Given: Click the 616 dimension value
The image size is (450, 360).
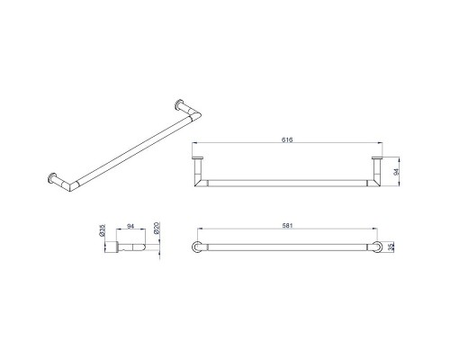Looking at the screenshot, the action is click(x=287, y=139).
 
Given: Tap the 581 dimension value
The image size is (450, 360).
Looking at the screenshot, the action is click(x=287, y=226).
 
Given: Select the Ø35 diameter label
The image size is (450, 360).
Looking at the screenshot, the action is click(x=102, y=229).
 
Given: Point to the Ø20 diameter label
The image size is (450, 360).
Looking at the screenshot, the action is click(x=156, y=229).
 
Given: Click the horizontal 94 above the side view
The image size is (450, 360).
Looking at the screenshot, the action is click(x=130, y=226).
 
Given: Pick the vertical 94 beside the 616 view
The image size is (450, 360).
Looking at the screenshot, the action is click(x=396, y=172).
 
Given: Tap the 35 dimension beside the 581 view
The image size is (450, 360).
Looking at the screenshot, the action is click(x=391, y=247).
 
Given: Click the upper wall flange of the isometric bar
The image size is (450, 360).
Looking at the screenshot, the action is click(x=178, y=103).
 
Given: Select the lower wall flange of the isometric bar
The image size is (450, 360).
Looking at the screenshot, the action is click(x=52, y=177).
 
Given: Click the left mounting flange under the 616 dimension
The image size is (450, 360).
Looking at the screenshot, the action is click(x=198, y=158).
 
